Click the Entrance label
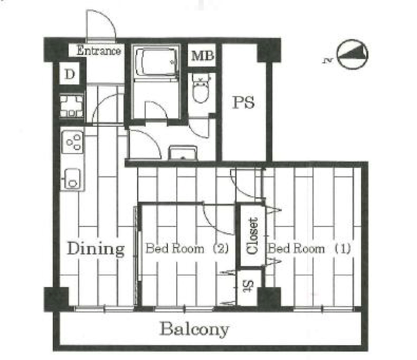[98, 51]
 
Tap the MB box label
[203, 56]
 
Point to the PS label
[243, 103]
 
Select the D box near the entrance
[70, 74]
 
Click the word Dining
[96, 249]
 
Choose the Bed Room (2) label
[187, 249]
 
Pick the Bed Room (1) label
[309, 249]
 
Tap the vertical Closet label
[252, 236]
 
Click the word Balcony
[194, 329]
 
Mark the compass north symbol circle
[352, 54]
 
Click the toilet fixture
[201, 88]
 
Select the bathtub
[156, 62]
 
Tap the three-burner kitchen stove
[72, 142]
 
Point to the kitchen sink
[72, 178]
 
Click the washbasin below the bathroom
[183, 153]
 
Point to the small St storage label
[248, 286]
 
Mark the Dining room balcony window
[104, 309]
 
